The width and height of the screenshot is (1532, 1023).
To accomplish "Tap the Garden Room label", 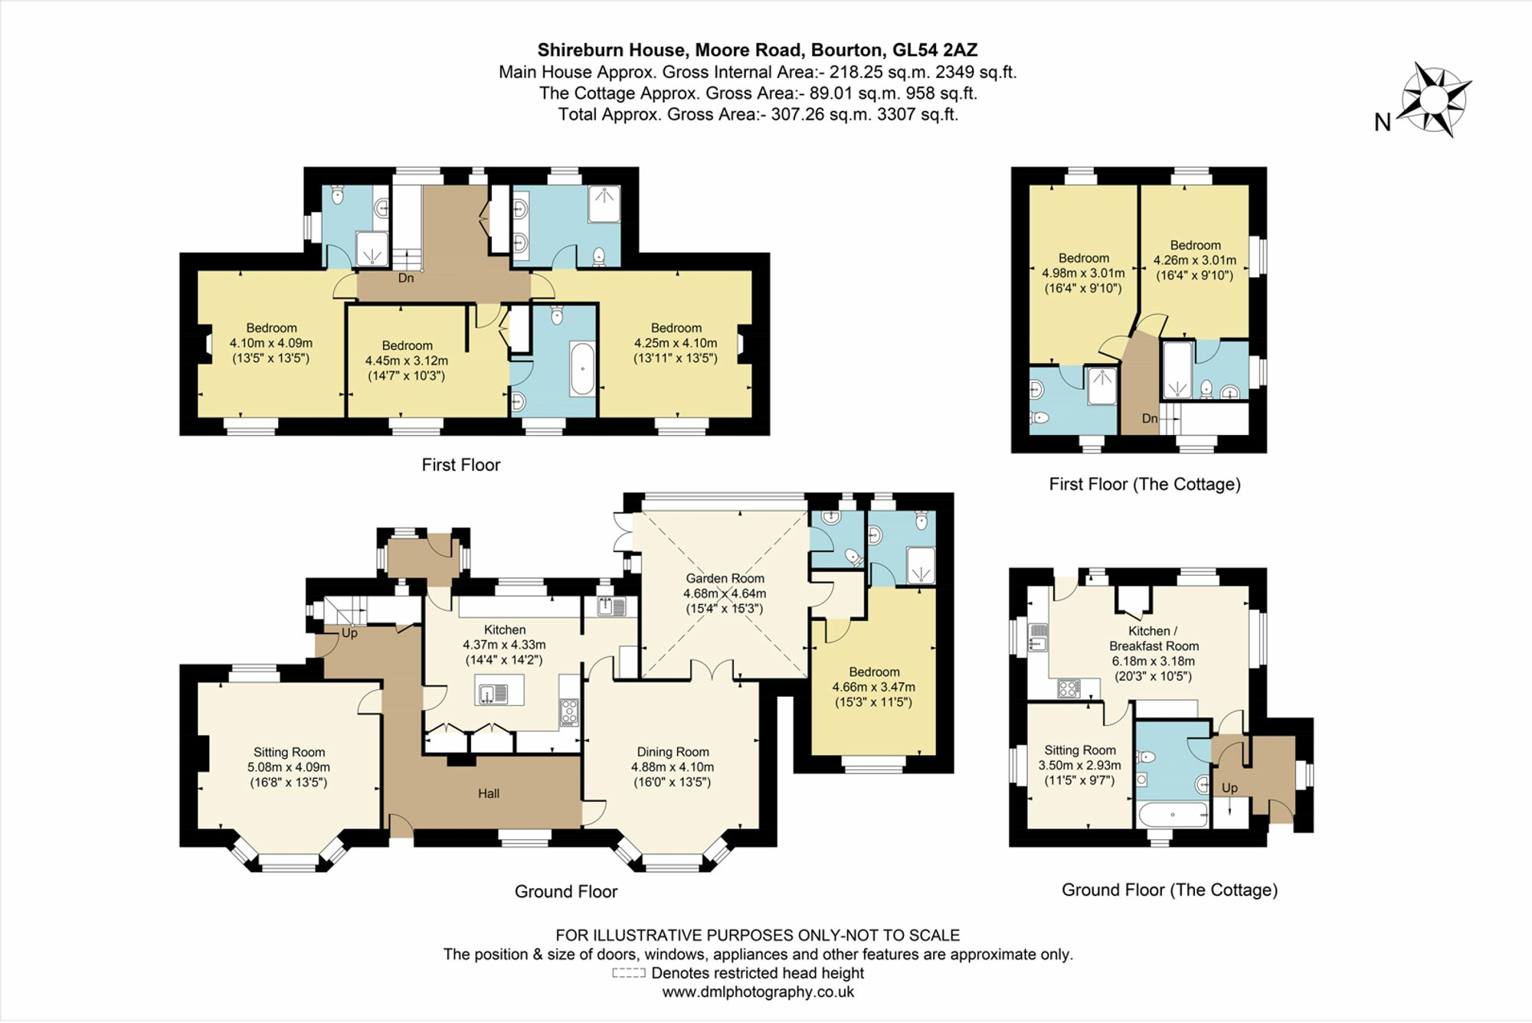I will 725,579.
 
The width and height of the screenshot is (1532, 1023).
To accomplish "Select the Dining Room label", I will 673,752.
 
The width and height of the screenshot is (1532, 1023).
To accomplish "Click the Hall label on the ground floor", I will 489,794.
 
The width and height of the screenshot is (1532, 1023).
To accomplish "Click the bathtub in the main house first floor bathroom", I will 582,369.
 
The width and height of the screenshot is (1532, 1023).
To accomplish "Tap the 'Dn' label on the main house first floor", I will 406,278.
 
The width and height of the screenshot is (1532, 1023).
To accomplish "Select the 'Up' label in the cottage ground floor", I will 1229,788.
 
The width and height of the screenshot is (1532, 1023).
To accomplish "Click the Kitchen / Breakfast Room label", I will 1154,639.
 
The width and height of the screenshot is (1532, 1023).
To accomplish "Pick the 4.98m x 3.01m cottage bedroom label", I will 1083,273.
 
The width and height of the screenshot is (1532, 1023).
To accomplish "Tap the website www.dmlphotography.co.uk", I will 758,992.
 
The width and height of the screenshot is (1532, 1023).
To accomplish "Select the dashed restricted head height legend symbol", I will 628,973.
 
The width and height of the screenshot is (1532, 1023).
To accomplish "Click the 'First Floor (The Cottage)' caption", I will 1144,484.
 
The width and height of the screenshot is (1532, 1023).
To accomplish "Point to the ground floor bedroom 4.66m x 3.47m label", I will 873,687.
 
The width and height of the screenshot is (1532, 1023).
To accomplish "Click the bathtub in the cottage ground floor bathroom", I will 1173,815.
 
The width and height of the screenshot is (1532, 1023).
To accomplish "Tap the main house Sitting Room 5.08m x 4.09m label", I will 289,767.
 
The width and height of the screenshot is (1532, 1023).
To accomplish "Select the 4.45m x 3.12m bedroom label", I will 407,361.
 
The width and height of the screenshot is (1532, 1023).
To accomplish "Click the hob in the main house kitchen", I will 568,712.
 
